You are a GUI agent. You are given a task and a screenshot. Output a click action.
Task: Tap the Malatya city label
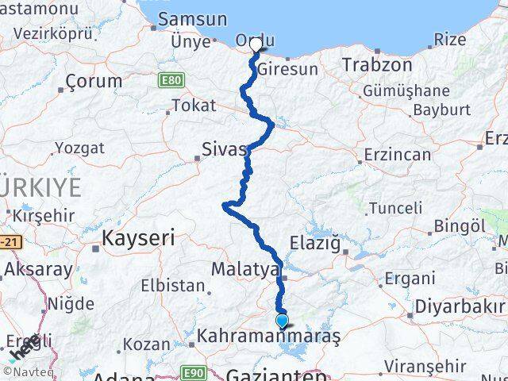pyautogui.click(x=244, y=270)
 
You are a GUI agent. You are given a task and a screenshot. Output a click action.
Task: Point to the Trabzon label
pyautogui.click(x=376, y=65)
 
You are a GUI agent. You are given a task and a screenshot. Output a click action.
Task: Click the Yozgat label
pyautogui.click(x=79, y=148)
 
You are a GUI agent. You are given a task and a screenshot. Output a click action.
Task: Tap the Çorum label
pyautogui.click(x=94, y=81)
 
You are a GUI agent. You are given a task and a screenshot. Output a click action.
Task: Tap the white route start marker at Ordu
pyautogui.click(x=256, y=45)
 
